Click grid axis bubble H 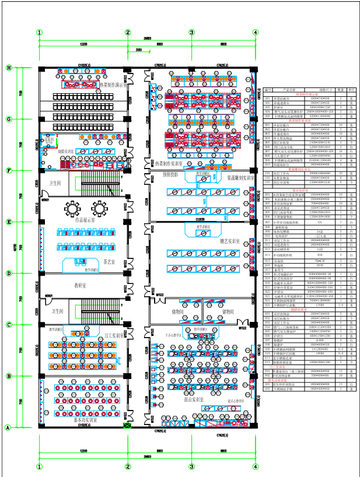point(9,68)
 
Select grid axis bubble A point(9,427)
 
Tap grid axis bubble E point(9,222)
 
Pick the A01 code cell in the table point(268,99)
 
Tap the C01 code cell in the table point(268,173)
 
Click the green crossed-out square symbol point(128,427)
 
